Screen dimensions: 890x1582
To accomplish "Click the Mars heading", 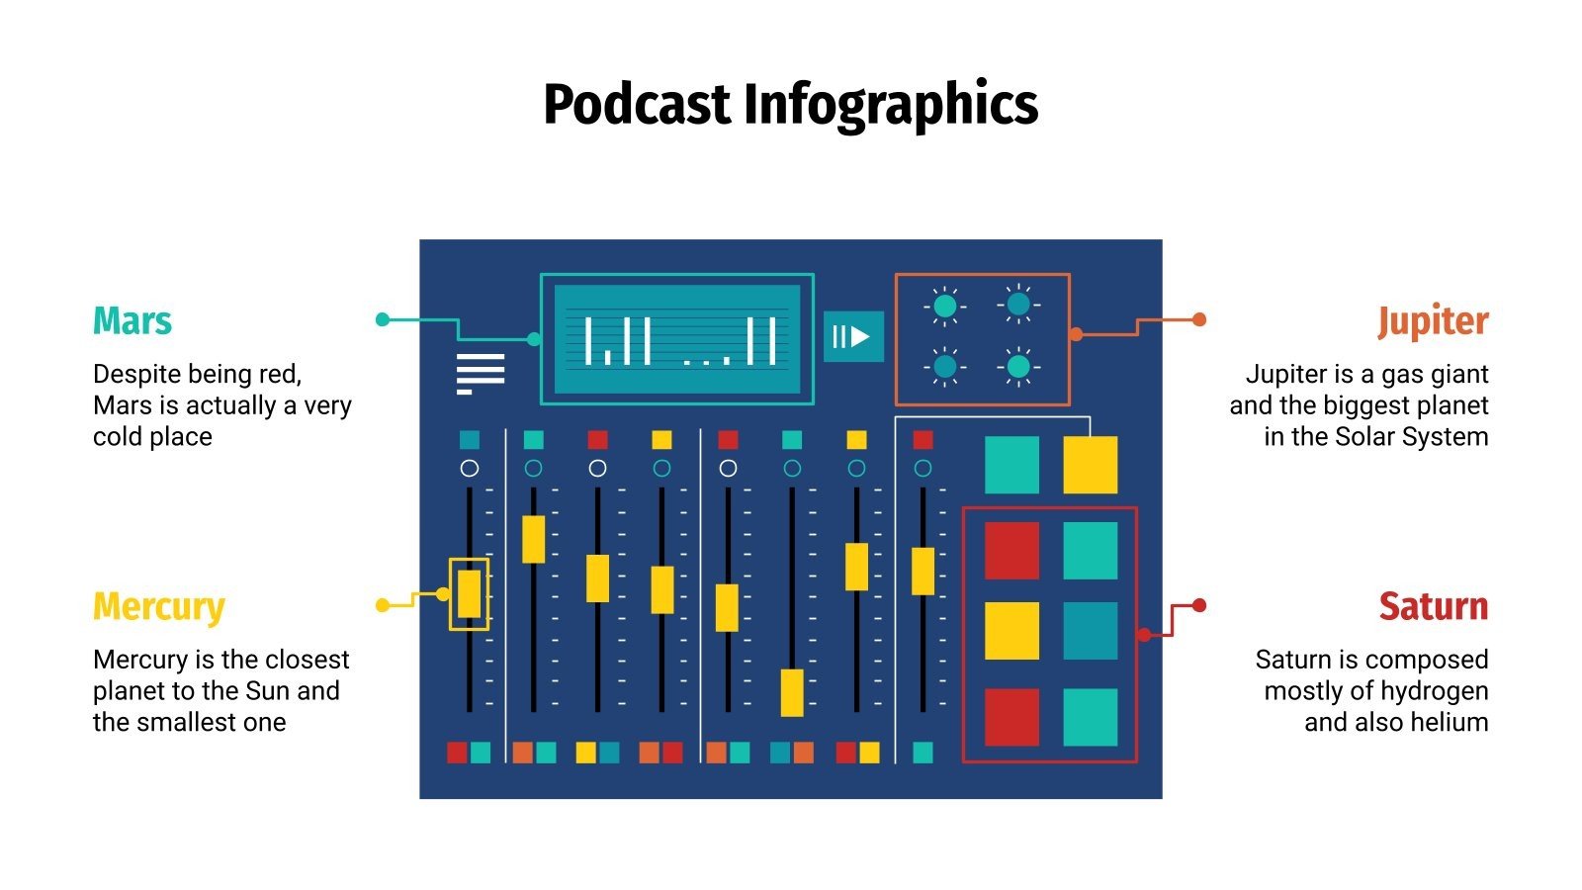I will point(132,321).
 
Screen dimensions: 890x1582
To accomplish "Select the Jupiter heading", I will point(1433,321).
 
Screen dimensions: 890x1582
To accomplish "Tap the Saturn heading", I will point(1434,606).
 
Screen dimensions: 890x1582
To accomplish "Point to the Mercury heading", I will point(159,606).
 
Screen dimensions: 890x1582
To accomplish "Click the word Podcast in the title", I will point(637,105).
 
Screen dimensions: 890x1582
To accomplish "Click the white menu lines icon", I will point(481,374).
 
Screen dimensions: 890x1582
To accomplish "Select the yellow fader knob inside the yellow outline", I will point(469,594).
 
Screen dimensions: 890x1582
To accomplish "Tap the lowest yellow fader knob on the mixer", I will point(792,692).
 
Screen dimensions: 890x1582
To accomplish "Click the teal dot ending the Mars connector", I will point(383,319).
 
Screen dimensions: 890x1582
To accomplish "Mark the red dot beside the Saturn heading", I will point(1199,605).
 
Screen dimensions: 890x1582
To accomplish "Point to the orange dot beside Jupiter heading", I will point(1199,319).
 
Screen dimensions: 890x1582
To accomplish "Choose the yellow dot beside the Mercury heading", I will point(383,605).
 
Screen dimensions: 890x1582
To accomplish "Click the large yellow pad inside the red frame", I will point(1011,631).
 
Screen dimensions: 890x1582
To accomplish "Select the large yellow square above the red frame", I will point(1090,465).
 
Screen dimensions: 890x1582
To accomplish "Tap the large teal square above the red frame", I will point(1011,465).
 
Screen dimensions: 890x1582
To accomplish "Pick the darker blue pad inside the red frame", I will point(1090,631).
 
